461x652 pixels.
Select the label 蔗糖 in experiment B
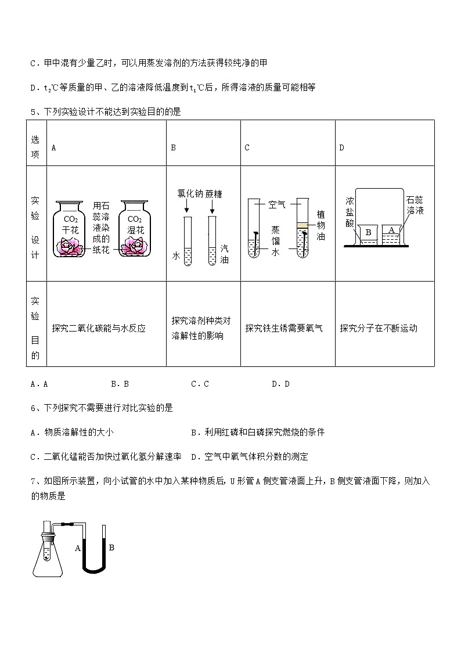coord(213,194)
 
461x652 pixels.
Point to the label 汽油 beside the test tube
coord(224,254)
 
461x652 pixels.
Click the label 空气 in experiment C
coord(277,204)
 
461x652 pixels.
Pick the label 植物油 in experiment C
coord(321,225)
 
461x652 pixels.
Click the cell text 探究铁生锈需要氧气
coord(284,328)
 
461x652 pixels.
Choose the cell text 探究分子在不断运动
coord(379,328)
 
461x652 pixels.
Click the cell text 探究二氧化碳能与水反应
coord(98,328)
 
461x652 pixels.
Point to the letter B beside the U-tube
coord(111,547)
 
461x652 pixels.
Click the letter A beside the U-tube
coord(77,547)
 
